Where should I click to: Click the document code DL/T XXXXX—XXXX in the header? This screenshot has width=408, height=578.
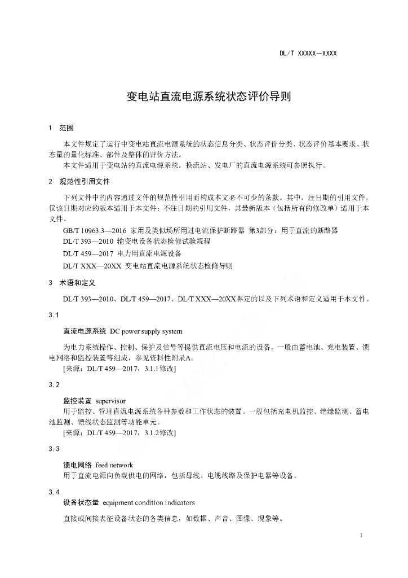pos(308,54)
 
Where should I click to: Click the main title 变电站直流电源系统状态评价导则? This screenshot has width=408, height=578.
pos(209,97)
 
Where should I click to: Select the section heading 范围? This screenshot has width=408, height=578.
pos(66,128)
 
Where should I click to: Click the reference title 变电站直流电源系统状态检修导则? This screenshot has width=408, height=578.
pos(179,265)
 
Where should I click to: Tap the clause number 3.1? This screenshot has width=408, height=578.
pos(54,314)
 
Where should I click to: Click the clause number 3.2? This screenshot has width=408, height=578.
pos(54,384)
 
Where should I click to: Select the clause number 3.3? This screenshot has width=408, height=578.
pos(54,448)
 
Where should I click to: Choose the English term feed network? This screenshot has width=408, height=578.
pos(114,465)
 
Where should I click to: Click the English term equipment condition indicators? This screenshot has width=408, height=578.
pos(149,502)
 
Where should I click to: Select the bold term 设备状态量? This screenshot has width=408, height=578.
pos(81,502)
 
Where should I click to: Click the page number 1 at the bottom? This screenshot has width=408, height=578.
pos(361,535)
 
